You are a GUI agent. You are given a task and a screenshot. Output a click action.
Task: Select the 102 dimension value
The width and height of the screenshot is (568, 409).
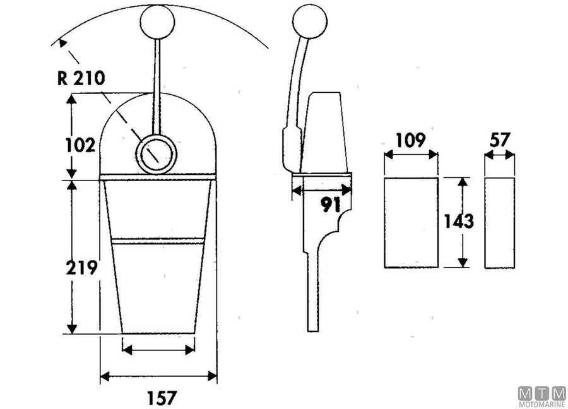point(80,145)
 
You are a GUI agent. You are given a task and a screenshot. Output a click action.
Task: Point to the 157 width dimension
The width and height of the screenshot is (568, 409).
point(162,398)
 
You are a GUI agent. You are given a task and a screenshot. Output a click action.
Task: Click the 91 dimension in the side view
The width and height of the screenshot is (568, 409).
point(331,204)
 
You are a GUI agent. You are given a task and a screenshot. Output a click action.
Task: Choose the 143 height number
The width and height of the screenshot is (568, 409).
point(459,221)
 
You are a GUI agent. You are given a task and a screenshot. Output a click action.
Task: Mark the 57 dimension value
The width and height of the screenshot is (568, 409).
point(500,140)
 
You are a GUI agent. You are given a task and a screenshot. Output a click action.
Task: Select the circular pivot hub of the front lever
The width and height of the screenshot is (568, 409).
point(155,154)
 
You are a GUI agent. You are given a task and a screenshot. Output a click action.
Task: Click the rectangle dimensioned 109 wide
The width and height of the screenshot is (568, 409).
point(411,222)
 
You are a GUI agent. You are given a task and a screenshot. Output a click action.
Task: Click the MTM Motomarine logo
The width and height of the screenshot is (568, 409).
point(541,396)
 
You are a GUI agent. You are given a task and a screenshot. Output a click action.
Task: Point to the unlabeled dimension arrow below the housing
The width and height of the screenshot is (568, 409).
point(158,349)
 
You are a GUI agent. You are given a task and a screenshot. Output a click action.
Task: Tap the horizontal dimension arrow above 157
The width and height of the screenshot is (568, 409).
point(158,377)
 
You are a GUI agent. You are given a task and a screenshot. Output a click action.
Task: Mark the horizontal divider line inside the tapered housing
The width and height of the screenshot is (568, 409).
point(158,240)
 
